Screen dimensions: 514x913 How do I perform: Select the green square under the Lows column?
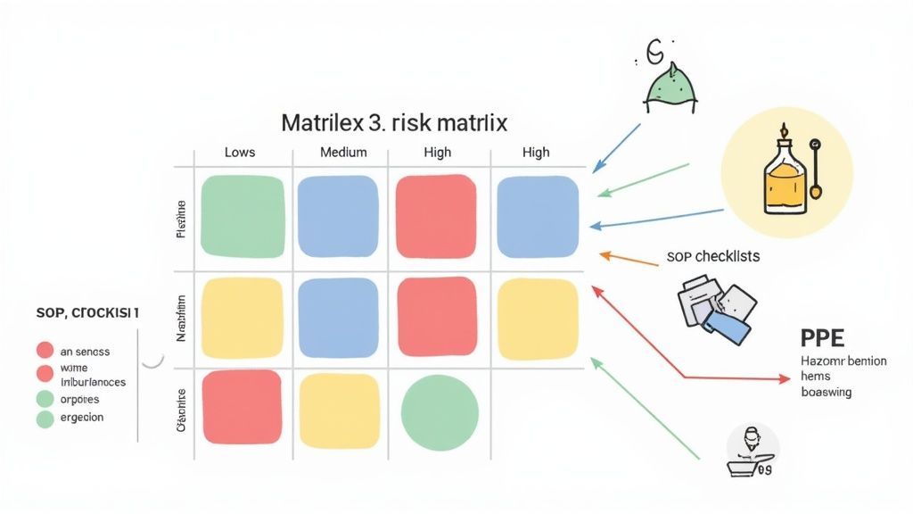coord(242,217)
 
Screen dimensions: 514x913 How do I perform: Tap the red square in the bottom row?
coord(242,408)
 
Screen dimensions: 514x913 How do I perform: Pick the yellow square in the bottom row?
coord(340,410)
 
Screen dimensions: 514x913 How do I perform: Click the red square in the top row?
coord(436,217)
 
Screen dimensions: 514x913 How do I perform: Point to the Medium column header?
coord(343,152)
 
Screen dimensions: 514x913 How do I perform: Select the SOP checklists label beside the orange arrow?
coord(713,256)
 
